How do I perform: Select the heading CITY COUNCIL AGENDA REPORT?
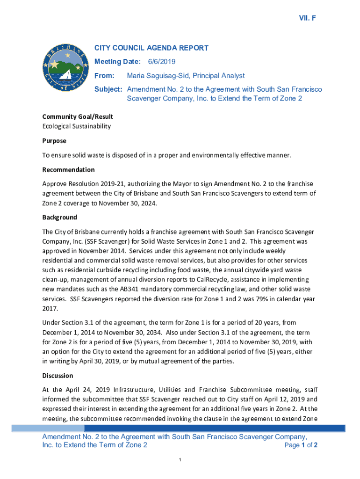[x=151, y=48]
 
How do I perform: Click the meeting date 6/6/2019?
[x=162, y=62]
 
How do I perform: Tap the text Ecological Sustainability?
[x=77, y=126]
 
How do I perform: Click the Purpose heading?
[x=55, y=141]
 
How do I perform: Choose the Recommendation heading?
[x=69, y=169]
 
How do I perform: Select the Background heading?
[x=60, y=217]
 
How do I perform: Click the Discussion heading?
[x=58, y=375]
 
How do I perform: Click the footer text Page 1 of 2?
[x=301, y=445]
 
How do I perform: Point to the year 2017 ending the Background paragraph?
[x=50, y=308]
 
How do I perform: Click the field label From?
[x=104, y=76]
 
